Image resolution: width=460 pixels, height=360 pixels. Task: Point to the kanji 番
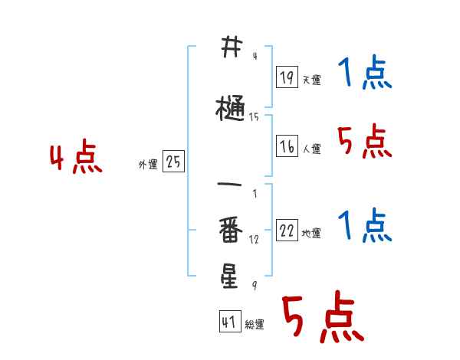230,229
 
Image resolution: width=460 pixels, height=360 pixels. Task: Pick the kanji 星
229,274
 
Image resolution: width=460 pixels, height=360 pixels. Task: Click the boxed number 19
287,77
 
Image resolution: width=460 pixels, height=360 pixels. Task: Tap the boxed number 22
287,231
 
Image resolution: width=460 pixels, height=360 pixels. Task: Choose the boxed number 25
173,161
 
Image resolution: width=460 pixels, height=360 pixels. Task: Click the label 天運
310,80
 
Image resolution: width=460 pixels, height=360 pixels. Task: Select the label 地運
310,234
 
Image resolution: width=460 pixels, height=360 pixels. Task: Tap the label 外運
147,164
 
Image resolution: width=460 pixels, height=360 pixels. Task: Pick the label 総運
254,325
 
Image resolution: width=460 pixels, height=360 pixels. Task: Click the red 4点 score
75,158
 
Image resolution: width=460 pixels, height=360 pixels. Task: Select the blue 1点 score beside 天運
364,75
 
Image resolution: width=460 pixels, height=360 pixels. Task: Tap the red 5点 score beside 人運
364,142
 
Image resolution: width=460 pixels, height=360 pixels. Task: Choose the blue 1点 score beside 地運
364,226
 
